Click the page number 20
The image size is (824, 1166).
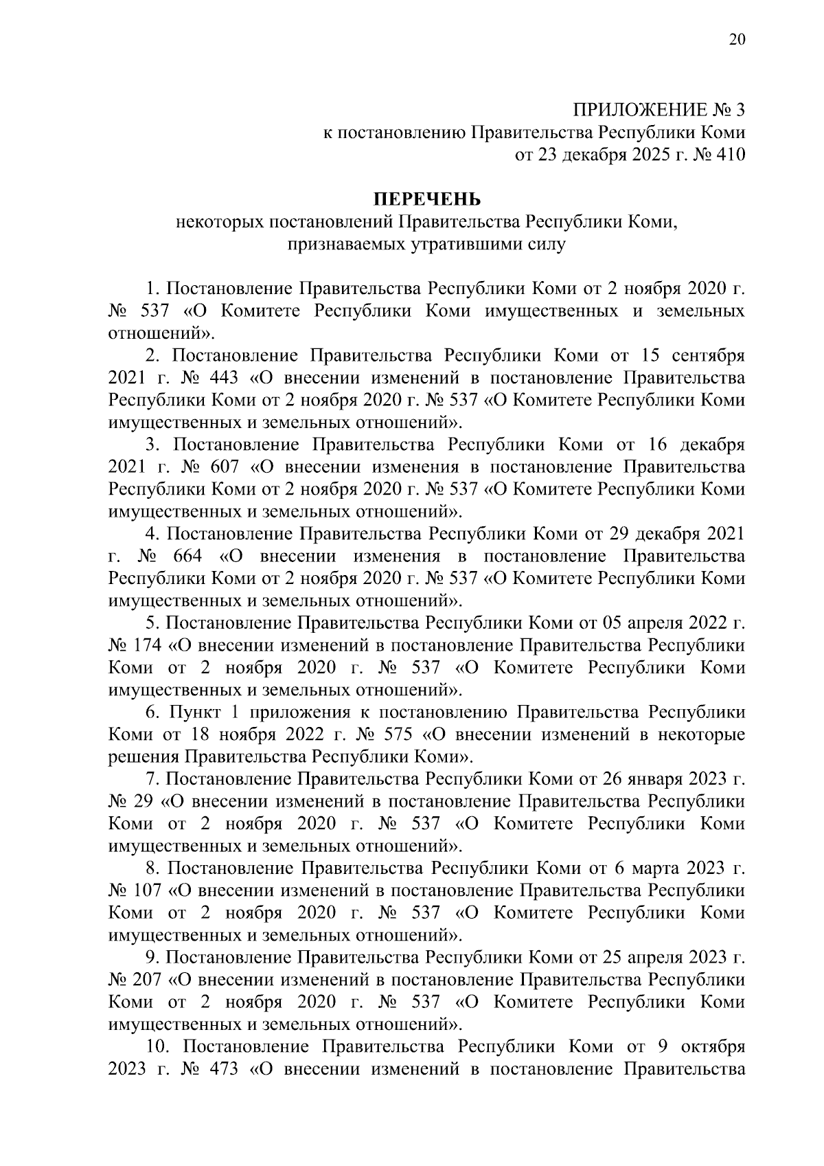point(735,39)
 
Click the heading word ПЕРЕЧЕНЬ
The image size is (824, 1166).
point(427,200)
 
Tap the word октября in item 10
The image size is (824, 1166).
point(713,1047)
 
